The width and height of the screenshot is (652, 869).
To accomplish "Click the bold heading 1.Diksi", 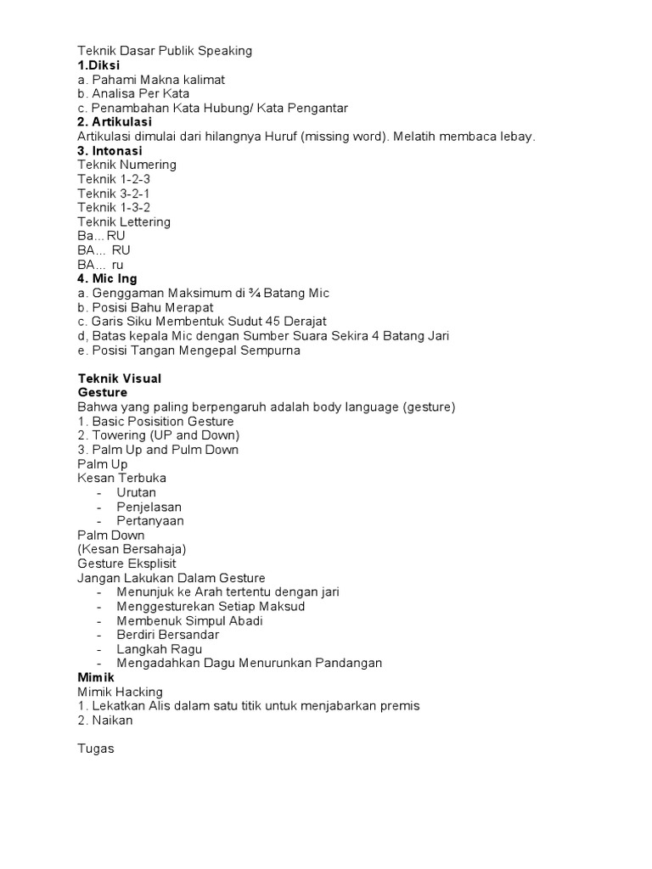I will pos(98,65).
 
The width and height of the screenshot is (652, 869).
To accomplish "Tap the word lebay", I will pos(518,137).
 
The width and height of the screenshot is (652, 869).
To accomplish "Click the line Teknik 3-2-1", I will pos(114,193).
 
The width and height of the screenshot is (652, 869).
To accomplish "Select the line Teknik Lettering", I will pos(124,221).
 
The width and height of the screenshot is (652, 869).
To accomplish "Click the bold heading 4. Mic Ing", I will pos(107,278).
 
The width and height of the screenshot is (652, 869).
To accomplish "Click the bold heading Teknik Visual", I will pos(120,378).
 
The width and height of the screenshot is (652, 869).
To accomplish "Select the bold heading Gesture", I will pos(103,393).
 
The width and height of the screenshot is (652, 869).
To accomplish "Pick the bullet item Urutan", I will pos(137,492).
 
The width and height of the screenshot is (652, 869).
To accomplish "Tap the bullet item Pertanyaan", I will pos(150,521).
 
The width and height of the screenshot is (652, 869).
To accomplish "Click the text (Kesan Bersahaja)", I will pos(132,549).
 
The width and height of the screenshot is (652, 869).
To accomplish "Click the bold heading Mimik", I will pos(96,678).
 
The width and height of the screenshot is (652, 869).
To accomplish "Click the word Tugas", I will pos(96,749).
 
